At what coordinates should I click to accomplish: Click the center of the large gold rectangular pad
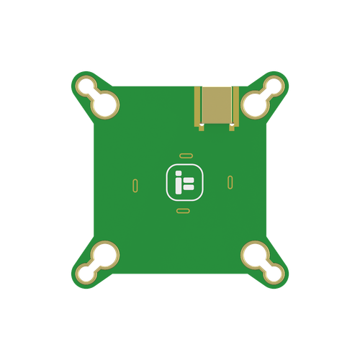click(x=217, y=104)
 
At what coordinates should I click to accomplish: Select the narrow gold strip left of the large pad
click(x=197, y=104)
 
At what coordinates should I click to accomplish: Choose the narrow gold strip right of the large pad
click(x=236, y=104)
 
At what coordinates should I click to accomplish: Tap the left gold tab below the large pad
click(x=202, y=128)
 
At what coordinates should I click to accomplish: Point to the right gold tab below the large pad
click(x=231, y=128)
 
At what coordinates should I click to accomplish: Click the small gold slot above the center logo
click(x=184, y=155)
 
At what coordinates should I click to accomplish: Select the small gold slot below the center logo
click(x=183, y=211)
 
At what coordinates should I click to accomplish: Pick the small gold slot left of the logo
click(x=135, y=185)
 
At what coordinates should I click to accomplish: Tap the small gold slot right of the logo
click(x=230, y=181)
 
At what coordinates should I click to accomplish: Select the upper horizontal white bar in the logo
click(x=189, y=179)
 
